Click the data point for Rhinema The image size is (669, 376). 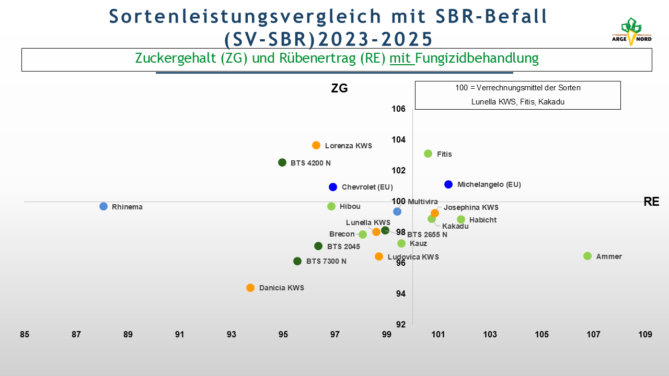103,206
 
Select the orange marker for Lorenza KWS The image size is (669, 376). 316,145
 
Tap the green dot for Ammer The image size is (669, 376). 587,256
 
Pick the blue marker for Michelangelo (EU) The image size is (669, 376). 448,184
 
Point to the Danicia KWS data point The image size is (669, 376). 250,288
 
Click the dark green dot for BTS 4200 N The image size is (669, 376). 282,162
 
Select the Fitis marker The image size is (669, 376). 428,154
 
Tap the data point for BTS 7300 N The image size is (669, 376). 297,261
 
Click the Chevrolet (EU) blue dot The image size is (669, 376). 333,187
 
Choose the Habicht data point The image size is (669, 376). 461,220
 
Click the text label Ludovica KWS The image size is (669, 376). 413,257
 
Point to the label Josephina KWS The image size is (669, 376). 471,207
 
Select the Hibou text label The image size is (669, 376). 350,206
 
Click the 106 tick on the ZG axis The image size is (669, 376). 399,109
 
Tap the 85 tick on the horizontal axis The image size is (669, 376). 25,335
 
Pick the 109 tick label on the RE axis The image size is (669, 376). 645,335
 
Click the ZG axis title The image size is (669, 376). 340,88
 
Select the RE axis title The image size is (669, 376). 651,202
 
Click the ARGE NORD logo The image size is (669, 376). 631,32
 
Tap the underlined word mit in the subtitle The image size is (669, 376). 400,58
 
